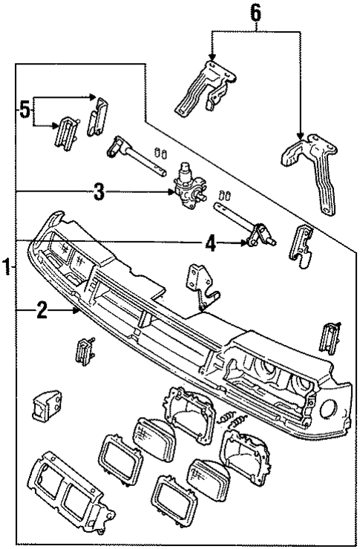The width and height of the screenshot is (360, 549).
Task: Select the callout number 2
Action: (x=43, y=312)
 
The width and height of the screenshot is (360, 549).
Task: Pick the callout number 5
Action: (x=25, y=111)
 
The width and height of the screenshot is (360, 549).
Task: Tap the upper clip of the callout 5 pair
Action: (x=98, y=114)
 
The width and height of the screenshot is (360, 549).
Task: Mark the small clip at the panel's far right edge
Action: (x=327, y=338)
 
